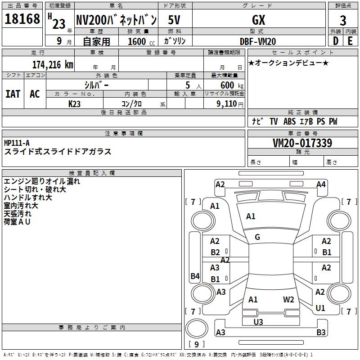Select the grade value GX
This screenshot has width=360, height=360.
tap(259, 20)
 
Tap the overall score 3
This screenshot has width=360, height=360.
tap(343, 20)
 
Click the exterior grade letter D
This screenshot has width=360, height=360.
tap(336, 40)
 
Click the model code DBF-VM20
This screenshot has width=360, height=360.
tap(259, 41)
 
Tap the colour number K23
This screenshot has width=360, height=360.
tap(74, 104)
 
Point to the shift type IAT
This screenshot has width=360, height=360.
tap(13, 94)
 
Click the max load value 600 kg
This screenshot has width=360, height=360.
tap(229, 85)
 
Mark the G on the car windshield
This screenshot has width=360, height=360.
tap(257, 237)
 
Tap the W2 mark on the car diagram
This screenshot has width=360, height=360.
tap(288, 299)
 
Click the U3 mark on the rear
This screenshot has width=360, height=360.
tap(258, 322)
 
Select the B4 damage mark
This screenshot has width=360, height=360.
tap(195, 276)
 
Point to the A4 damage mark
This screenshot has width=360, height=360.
tap(321, 184)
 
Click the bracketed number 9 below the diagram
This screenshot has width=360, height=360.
tap(197, 344)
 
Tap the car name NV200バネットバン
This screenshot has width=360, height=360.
tap(116, 20)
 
